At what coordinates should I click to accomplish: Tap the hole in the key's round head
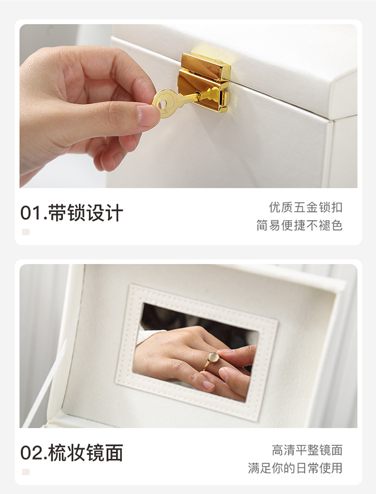coord(163,104)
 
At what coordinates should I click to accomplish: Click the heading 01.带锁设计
coord(72,213)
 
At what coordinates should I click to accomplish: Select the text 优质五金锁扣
coord(306,207)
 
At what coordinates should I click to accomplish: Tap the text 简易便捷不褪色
coord(299,225)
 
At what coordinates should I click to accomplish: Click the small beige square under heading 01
coord(26,232)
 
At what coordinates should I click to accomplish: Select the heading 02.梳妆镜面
coord(72,452)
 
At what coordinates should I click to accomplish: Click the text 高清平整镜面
coord(307,450)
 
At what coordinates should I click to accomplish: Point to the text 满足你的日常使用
coord(295,468)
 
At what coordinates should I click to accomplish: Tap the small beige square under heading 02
coord(26,471)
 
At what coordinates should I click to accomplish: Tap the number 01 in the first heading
coord(31,213)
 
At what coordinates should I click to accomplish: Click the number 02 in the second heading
coord(31,452)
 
